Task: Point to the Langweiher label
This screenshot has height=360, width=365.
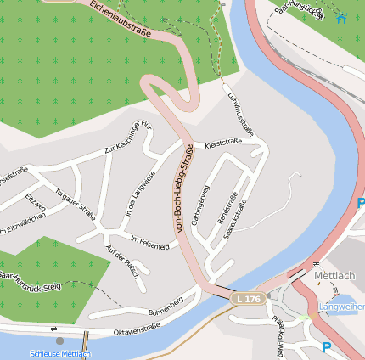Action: pos(341,306)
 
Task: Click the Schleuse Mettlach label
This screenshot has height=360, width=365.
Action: pos(59,353)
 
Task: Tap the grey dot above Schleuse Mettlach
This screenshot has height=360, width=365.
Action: pos(59,340)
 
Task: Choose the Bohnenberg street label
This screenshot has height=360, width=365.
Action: pos(166,305)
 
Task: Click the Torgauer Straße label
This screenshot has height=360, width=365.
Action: pos(76,204)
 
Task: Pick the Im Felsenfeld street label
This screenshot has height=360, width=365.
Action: pos(149,245)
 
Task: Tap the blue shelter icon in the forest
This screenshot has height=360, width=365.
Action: pos(341,17)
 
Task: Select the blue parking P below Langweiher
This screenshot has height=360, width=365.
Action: pos(328,346)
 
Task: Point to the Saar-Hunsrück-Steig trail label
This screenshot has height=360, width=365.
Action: pos(31,281)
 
